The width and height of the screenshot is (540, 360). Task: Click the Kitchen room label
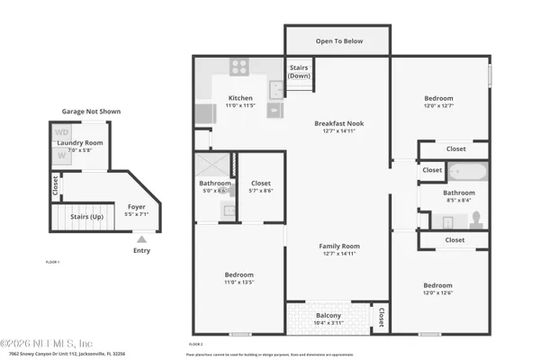(x=239, y=98)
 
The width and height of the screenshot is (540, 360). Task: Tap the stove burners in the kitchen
(x=239, y=66)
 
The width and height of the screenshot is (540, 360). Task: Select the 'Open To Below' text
(x=337, y=40)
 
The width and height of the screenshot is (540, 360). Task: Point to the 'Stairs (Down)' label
(x=299, y=71)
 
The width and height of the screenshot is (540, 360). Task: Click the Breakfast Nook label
(x=337, y=123)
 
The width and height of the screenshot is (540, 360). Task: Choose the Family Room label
(x=338, y=246)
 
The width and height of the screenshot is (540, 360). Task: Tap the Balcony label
(x=328, y=315)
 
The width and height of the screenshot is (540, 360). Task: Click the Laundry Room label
(x=80, y=143)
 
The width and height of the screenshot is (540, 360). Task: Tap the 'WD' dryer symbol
(x=62, y=133)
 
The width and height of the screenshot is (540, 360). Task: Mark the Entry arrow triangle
(x=141, y=239)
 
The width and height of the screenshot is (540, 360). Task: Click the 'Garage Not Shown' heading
(x=91, y=112)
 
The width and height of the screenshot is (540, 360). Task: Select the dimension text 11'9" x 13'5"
(x=238, y=283)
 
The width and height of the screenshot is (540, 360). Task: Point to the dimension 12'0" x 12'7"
(x=438, y=106)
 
